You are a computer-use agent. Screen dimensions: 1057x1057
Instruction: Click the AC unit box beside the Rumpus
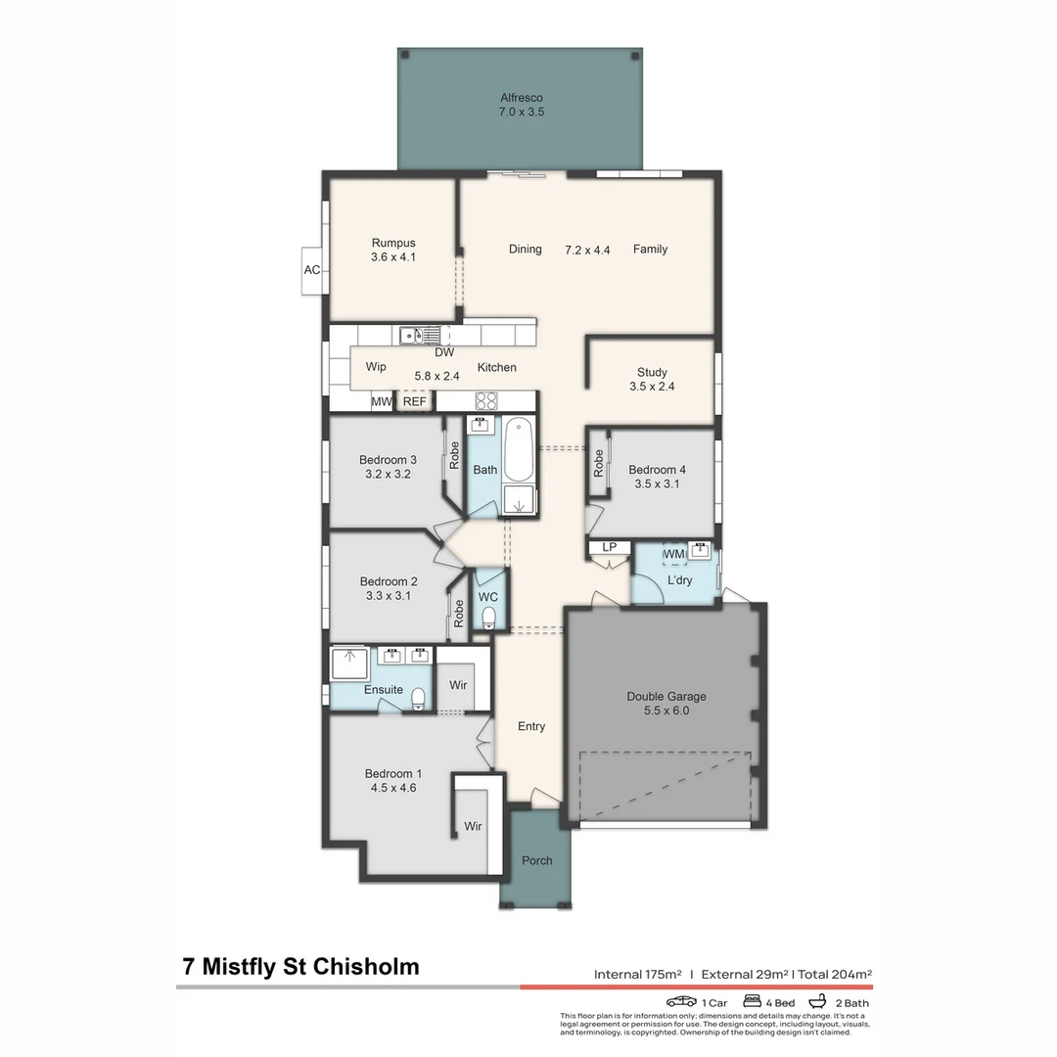(x=311, y=269)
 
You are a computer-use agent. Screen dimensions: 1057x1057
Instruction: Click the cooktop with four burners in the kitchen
(x=486, y=400)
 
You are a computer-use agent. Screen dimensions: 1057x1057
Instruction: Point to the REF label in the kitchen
(x=415, y=401)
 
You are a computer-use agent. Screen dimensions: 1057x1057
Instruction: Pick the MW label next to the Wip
(x=381, y=401)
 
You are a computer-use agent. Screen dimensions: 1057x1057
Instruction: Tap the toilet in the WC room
(x=488, y=617)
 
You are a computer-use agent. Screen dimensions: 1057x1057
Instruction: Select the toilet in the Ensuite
(x=418, y=697)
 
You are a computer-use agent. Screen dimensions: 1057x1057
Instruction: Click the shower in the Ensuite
(x=347, y=663)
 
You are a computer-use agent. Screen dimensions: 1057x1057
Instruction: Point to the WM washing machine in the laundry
(x=674, y=554)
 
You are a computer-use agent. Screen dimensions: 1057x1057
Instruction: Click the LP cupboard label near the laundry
(x=608, y=547)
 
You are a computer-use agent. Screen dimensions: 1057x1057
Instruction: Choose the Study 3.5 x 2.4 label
(x=652, y=379)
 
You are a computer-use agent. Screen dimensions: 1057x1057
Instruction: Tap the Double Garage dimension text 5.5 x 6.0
(x=666, y=711)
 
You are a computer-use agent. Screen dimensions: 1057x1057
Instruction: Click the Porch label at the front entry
(x=536, y=860)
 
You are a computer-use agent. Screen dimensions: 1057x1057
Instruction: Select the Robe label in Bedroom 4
(x=598, y=463)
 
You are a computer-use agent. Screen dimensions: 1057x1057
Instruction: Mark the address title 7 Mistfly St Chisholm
(x=300, y=967)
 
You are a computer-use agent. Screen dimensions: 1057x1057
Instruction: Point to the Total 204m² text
(x=836, y=974)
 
